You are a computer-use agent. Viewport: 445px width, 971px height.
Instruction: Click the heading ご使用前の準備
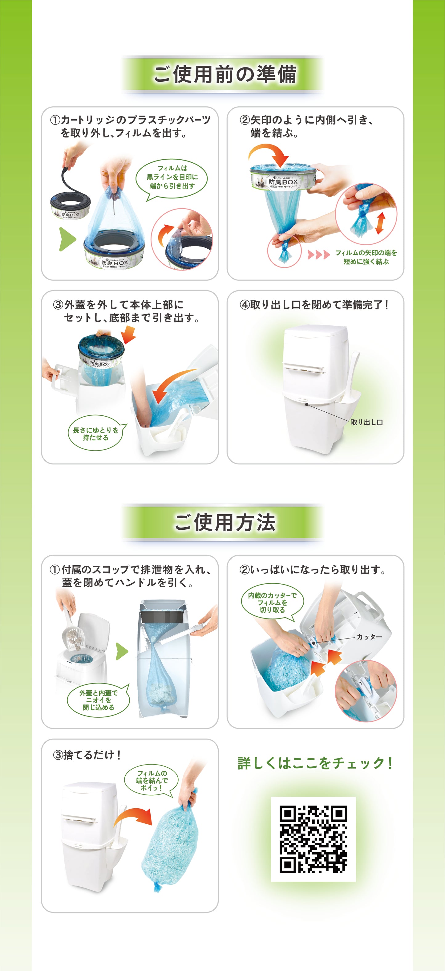click(x=225, y=74)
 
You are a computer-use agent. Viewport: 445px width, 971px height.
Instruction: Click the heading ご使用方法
click(x=225, y=522)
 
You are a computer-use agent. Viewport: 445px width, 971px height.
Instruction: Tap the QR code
click(x=313, y=839)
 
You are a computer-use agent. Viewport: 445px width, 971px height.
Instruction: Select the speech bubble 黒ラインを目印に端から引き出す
click(x=172, y=177)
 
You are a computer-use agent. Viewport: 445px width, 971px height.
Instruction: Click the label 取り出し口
click(x=366, y=422)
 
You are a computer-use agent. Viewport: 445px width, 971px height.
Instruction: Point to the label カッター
click(x=369, y=636)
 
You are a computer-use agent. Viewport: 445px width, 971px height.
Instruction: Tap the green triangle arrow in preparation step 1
click(x=67, y=239)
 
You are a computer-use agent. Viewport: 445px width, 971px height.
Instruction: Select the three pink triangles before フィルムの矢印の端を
click(x=318, y=255)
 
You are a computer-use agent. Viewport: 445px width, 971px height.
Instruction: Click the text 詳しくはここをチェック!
click(x=315, y=763)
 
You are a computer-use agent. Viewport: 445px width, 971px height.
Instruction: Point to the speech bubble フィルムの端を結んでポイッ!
click(x=152, y=780)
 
